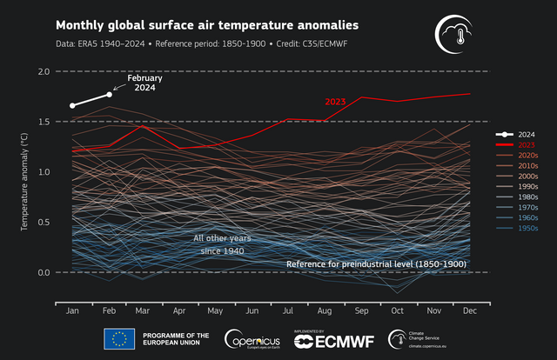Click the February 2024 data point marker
pos(110,94)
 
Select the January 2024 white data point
pos(72,105)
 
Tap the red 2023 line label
pos(336,102)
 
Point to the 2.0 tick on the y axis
pos(39,71)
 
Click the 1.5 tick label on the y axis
pos(39,122)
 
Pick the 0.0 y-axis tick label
pos(39,273)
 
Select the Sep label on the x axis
pos(360,310)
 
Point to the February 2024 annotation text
pos(144,83)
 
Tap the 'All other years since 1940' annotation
pos(219,244)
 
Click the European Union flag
pos(118,339)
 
